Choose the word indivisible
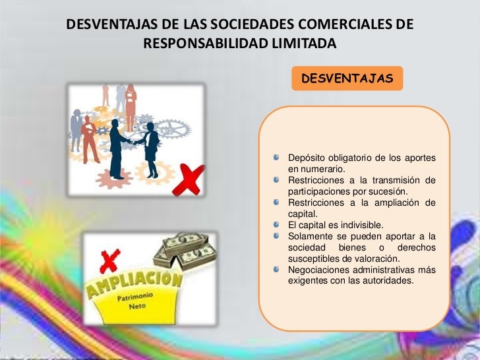tap(358, 225)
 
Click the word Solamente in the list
tap(313, 236)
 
